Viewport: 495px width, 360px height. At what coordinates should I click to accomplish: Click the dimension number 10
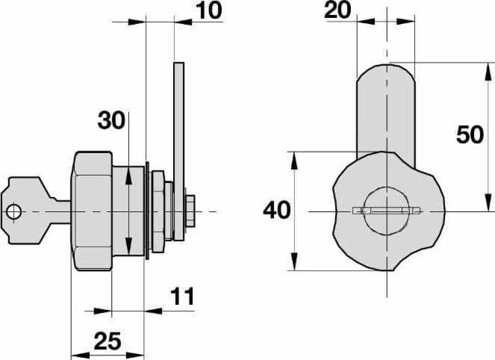[x=209, y=10]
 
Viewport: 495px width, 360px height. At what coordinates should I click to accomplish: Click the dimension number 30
[x=111, y=120]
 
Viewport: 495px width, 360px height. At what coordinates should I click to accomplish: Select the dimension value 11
[x=182, y=297]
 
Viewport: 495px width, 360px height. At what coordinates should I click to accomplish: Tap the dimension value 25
[x=108, y=341]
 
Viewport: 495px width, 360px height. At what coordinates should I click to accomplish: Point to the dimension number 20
[x=337, y=10]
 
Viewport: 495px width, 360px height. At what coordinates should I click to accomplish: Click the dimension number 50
[x=470, y=134]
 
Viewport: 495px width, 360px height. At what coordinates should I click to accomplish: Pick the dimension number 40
[x=277, y=210]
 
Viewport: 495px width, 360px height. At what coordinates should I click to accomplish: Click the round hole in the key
[x=14, y=211]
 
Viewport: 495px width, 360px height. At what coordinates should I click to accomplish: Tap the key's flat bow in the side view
[x=28, y=211]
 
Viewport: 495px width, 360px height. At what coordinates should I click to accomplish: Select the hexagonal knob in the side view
[x=92, y=211]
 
